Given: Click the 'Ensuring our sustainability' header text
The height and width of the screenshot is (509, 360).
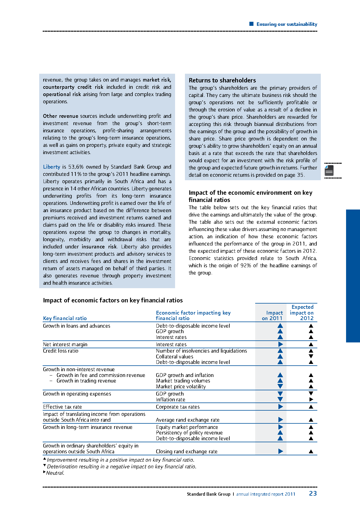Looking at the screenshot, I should [287, 24].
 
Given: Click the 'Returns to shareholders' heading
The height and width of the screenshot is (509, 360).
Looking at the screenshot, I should [222, 80].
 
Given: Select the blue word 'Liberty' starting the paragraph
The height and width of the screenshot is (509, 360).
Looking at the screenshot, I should [51, 167].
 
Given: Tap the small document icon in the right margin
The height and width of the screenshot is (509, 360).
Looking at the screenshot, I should [329, 170].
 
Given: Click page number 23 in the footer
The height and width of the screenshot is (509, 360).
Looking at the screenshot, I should [313, 493].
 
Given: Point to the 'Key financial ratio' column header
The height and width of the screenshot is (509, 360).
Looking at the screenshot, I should [65, 318].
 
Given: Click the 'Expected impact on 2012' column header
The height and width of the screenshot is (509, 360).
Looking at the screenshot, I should [302, 313].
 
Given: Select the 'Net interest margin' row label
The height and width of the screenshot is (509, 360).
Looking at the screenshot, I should [65, 344].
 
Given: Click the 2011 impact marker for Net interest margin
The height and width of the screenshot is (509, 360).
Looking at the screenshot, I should [280, 344].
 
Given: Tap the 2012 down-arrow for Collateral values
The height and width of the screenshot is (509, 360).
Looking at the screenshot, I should [311, 356].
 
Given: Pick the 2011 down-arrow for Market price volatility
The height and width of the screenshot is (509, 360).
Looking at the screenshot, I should [280, 386].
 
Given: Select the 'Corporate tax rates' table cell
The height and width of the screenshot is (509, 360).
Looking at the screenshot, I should [177, 407].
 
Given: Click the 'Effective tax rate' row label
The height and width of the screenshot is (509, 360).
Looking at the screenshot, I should [62, 407].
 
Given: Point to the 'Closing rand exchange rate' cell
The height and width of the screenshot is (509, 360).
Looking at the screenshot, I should [186, 452].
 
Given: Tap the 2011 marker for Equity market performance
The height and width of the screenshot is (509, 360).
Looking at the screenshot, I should [280, 427].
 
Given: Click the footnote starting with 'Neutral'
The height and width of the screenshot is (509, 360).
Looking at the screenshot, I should [55, 473].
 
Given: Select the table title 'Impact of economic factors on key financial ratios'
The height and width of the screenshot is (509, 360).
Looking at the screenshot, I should [113, 300].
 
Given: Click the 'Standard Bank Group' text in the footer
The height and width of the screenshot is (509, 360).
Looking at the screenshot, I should [208, 494].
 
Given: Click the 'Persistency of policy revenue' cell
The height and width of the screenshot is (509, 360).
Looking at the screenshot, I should [189, 433].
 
